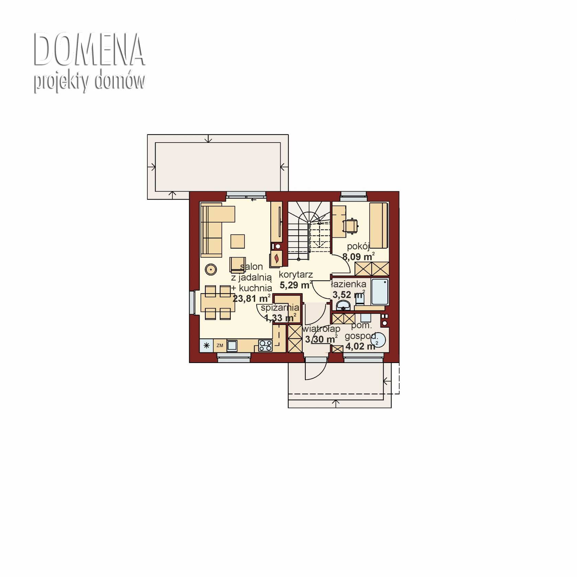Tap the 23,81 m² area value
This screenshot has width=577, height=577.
(252, 298)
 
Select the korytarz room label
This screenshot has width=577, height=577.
(296, 275)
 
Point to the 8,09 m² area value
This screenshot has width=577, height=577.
(358, 256)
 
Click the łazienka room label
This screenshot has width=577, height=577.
(348, 284)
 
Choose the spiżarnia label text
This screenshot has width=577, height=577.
(280, 308)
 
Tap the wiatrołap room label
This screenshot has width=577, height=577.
(321, 329)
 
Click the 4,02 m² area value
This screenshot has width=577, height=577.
(360, 346)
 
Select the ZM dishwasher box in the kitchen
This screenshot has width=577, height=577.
(220, 346)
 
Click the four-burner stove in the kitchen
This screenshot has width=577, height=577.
(265, 346)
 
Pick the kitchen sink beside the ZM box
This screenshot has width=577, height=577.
(232, 346)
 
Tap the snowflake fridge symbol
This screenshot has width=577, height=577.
(206, 346)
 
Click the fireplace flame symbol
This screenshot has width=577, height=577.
(277, 258)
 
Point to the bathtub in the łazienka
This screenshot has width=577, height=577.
(380, 292)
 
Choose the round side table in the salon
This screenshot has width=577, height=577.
(210, 269)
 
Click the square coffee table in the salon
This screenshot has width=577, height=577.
(238, 241)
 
